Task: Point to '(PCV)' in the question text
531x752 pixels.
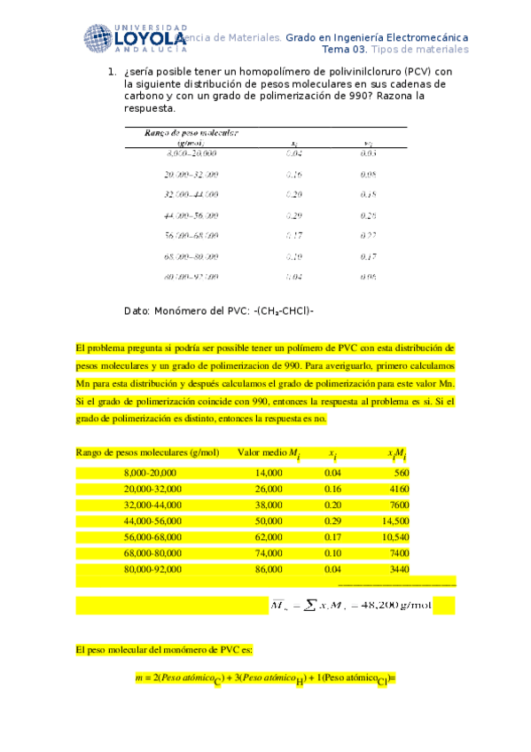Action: coord(414,72)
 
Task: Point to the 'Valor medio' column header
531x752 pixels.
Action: coord(267,453)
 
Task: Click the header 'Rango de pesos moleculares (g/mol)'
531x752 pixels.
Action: coord(148,453)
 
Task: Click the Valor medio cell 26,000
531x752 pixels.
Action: coord(268,490)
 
